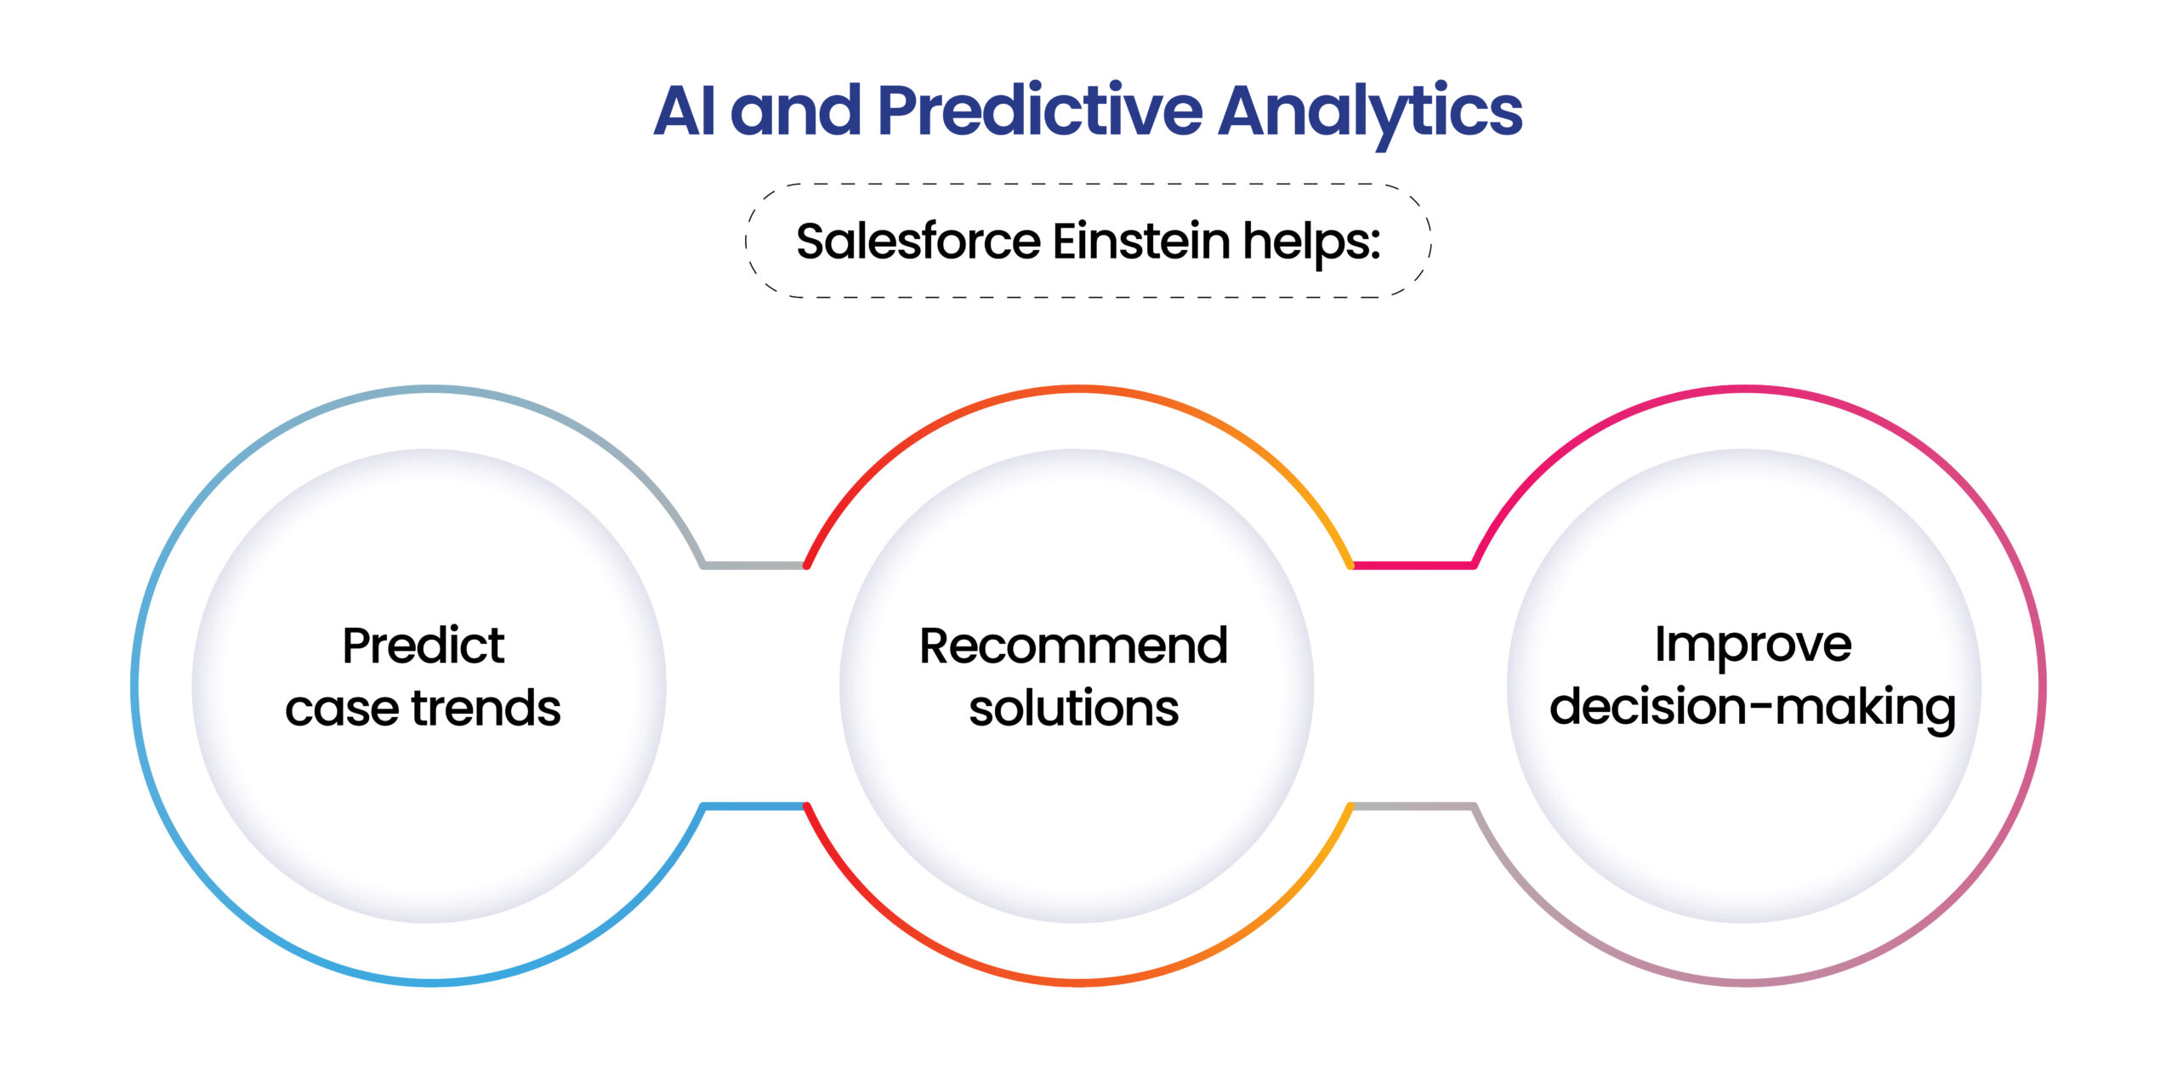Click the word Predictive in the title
tap(1039, 111)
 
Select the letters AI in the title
tap(684, 111)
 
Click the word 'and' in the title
tap(795, 111)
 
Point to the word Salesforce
tap(918, 241)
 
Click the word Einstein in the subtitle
tap(1141, 241)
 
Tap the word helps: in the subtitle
tap(1308, 242)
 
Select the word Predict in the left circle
tap(423, 646)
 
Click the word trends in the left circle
tap(486, 708)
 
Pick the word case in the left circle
tap(342, 709)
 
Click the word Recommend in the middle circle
tap(1073, 646)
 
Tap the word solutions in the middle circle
tap(1073, 708)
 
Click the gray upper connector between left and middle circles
tap(754, 565)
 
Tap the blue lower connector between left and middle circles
tap(754, 806)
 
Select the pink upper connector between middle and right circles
tap(1412, 565)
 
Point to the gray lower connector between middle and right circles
tap(1412, 806)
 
